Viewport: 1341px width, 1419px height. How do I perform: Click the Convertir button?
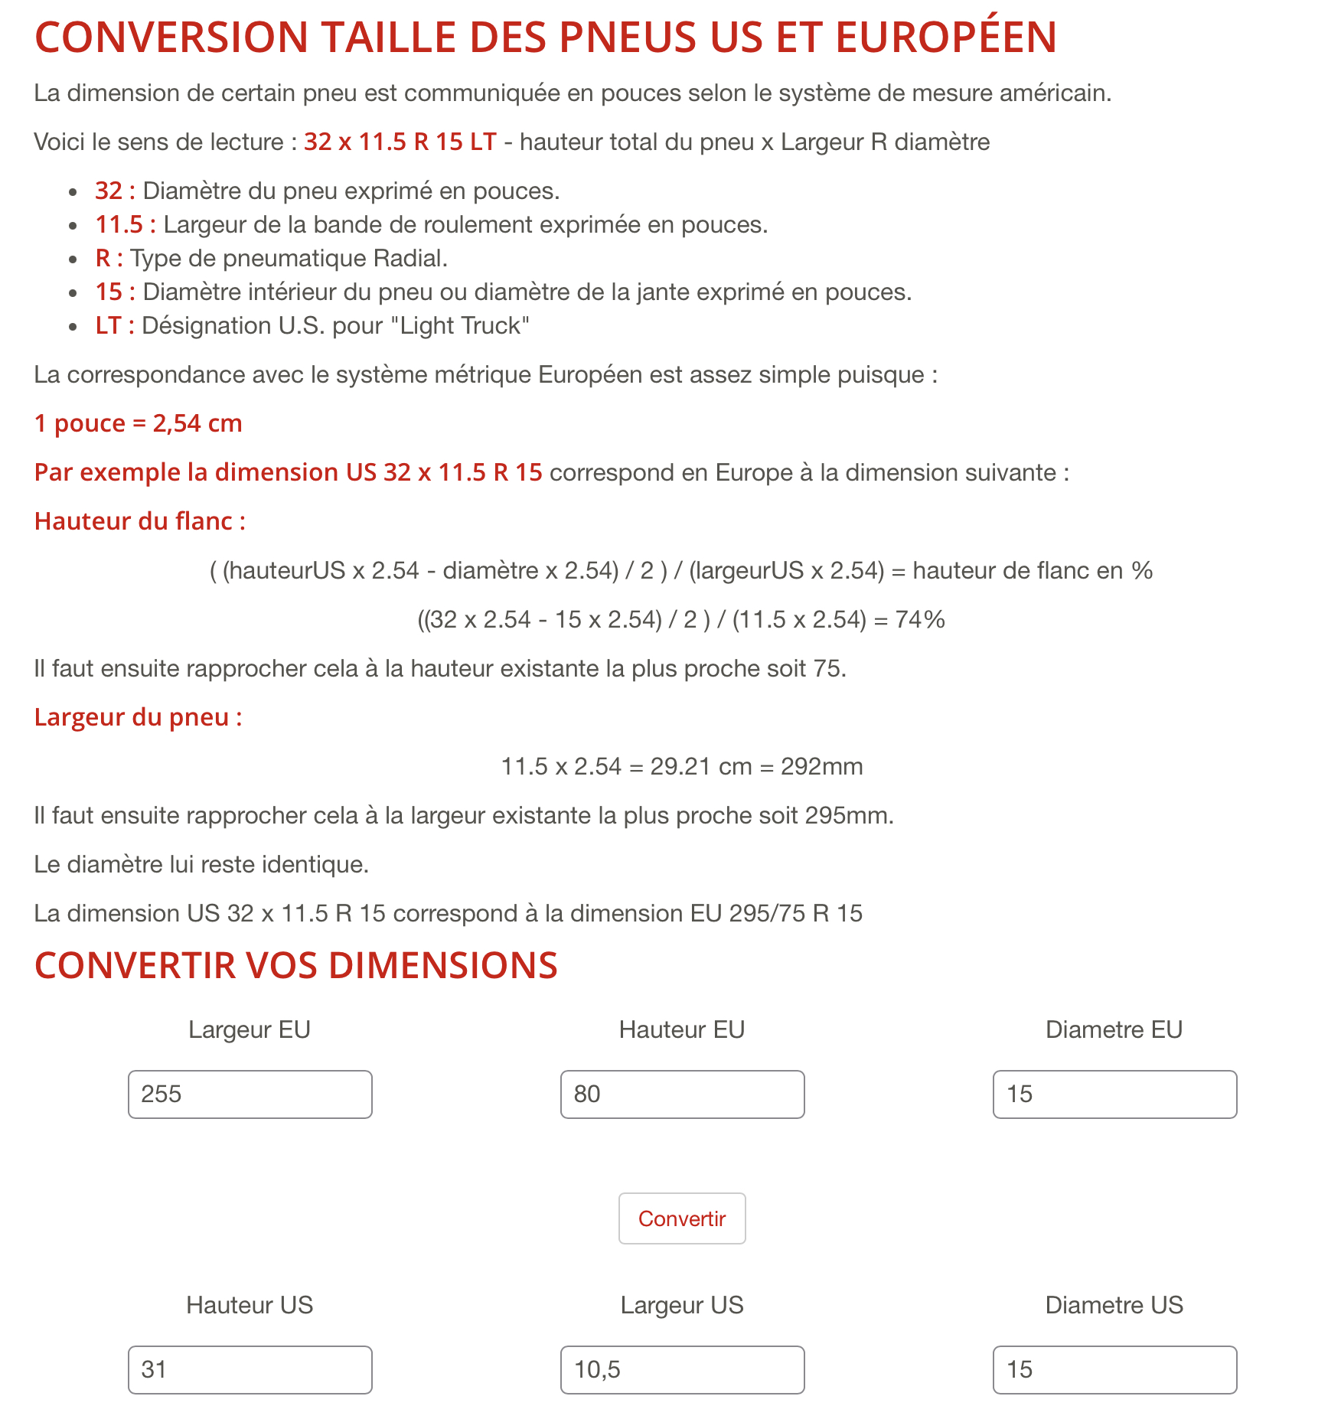[x=681, y=1218]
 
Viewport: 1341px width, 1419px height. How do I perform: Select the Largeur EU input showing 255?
[x=250, y=1094]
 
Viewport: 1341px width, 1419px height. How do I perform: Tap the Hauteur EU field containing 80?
[x=682, y=1094]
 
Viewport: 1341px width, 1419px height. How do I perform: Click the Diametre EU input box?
[x=1114, y=1094]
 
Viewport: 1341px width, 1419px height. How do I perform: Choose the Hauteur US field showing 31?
[x=250, y=1369]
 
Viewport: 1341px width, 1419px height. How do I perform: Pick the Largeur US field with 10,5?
[x=682, y=1369]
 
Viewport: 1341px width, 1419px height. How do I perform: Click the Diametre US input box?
[x=1114, y=1369]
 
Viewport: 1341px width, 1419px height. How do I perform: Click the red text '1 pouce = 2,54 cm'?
[x=138, y=423]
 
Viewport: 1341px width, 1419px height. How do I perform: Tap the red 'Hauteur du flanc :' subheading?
[x=140, y=521]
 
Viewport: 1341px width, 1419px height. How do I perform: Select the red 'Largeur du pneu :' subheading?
[x=138, y=717]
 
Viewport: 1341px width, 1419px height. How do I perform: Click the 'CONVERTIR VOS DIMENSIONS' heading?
[x=295, y=965]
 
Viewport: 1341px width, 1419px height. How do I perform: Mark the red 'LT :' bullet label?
[x=115, y=325]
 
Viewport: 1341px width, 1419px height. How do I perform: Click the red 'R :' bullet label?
[x=109, y=258]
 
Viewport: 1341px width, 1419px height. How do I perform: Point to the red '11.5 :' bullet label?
[x=126, y=224]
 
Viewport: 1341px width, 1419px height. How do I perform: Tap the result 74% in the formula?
[x=920, y=619]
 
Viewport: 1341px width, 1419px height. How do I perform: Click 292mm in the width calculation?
[x=821, y=766]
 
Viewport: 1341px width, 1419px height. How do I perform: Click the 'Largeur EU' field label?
[x=250, y=1029]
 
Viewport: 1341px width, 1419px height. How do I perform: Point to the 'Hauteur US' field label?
[x=250, y=1305]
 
